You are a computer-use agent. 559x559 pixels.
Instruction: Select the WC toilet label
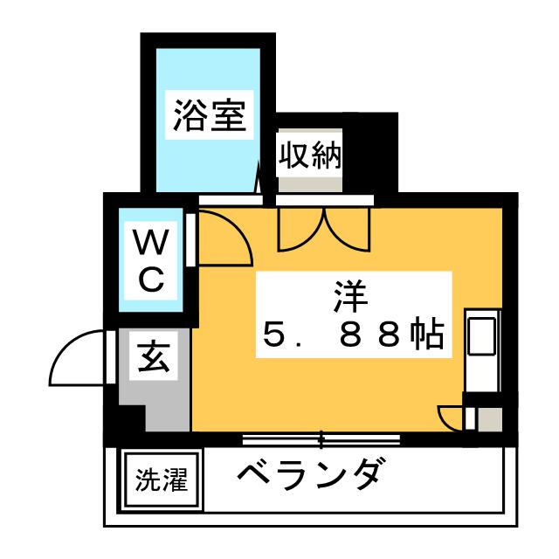(x=149, y=259)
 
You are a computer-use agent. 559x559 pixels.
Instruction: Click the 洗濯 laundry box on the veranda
(x=161, y=479)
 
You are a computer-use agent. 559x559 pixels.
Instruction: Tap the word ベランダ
(x=309, y=476)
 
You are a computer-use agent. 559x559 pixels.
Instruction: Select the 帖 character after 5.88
(x=425, y=333)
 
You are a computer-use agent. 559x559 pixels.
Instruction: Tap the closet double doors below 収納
(x=324, y=227)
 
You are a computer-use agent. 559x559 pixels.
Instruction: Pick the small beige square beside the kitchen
(x=490, y=419)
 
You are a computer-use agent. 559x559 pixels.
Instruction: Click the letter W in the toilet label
(x=149, y=240)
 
